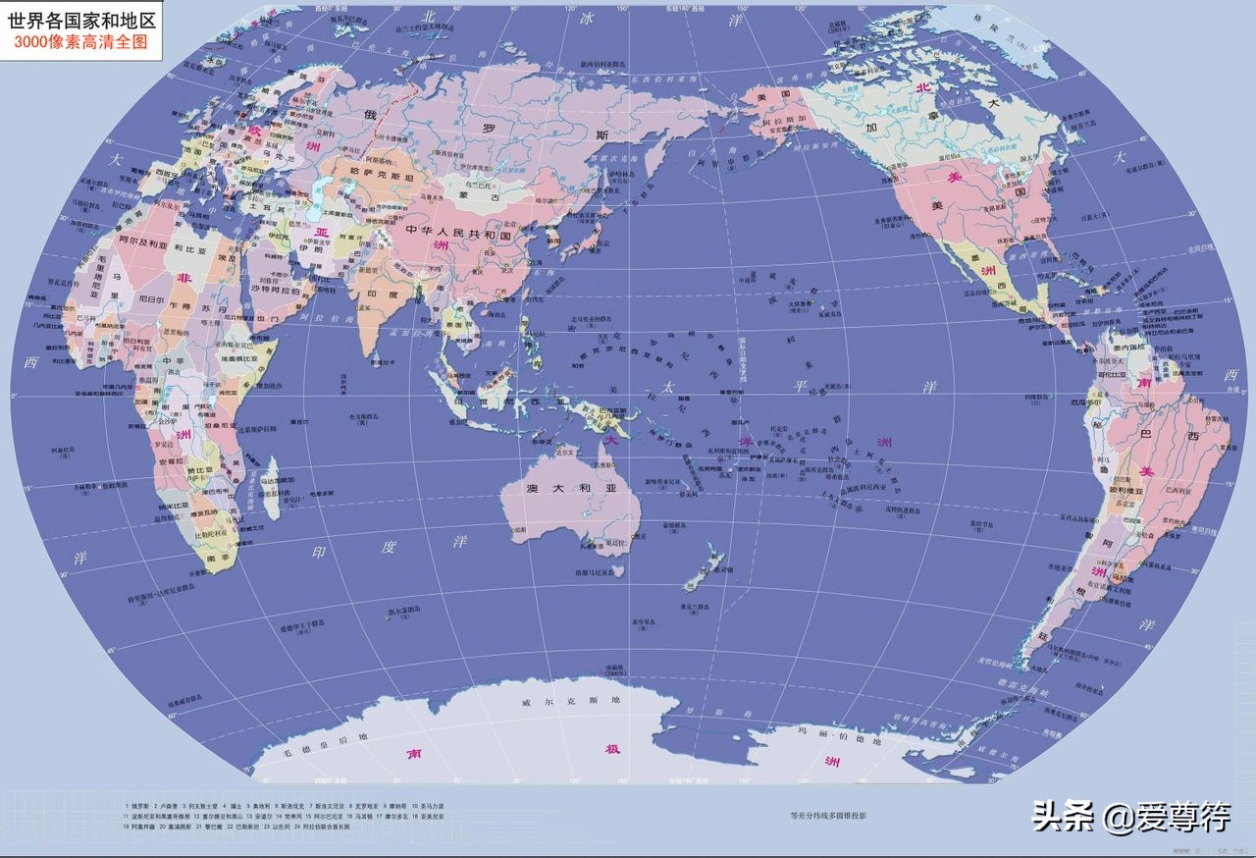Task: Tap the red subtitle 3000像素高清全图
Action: click(x=82, y=43)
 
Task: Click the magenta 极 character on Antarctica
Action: click(x=613, y=750)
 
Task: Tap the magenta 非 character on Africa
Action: click(x=183, y=278)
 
